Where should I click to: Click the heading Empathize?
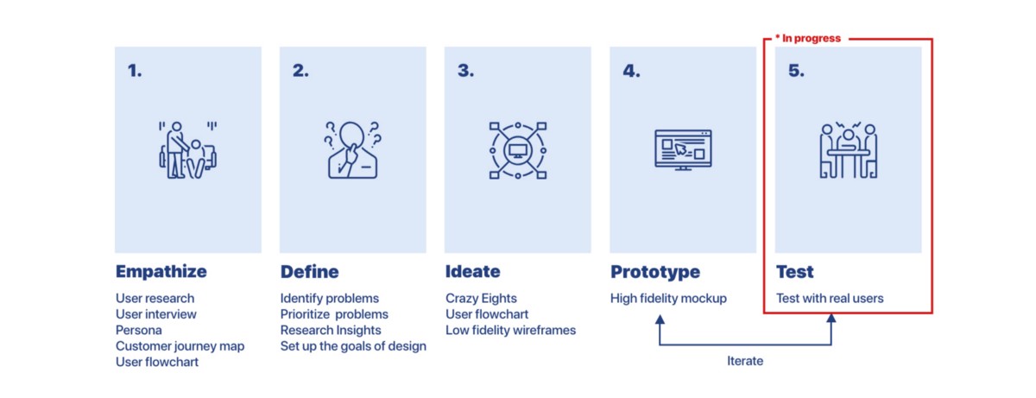tap(161, 272)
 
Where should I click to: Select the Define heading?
tap(309, 272)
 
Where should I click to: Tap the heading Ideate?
tap(473, 272)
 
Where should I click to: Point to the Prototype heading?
tap(655, 272)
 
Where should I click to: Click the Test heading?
tap(794, 272)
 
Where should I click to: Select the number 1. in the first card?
tap(135, 71)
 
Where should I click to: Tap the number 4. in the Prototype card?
tap(631, 71)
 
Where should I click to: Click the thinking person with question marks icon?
tap(352, 149)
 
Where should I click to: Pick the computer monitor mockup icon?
tap(683, 149)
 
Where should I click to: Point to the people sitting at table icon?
tap(848, 150)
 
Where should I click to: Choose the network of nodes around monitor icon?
tap(518, 150)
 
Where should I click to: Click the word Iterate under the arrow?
tap(744, 361)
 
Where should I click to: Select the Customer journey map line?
tap(180, 346)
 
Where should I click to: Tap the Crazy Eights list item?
tap(481, 299)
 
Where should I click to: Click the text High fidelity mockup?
tap(668, 299)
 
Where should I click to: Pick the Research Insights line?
tap(331, 331)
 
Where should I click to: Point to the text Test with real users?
tap(830, 299)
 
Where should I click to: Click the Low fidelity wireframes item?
tap(510, 331)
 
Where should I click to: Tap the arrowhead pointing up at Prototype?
tap(660, 319)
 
